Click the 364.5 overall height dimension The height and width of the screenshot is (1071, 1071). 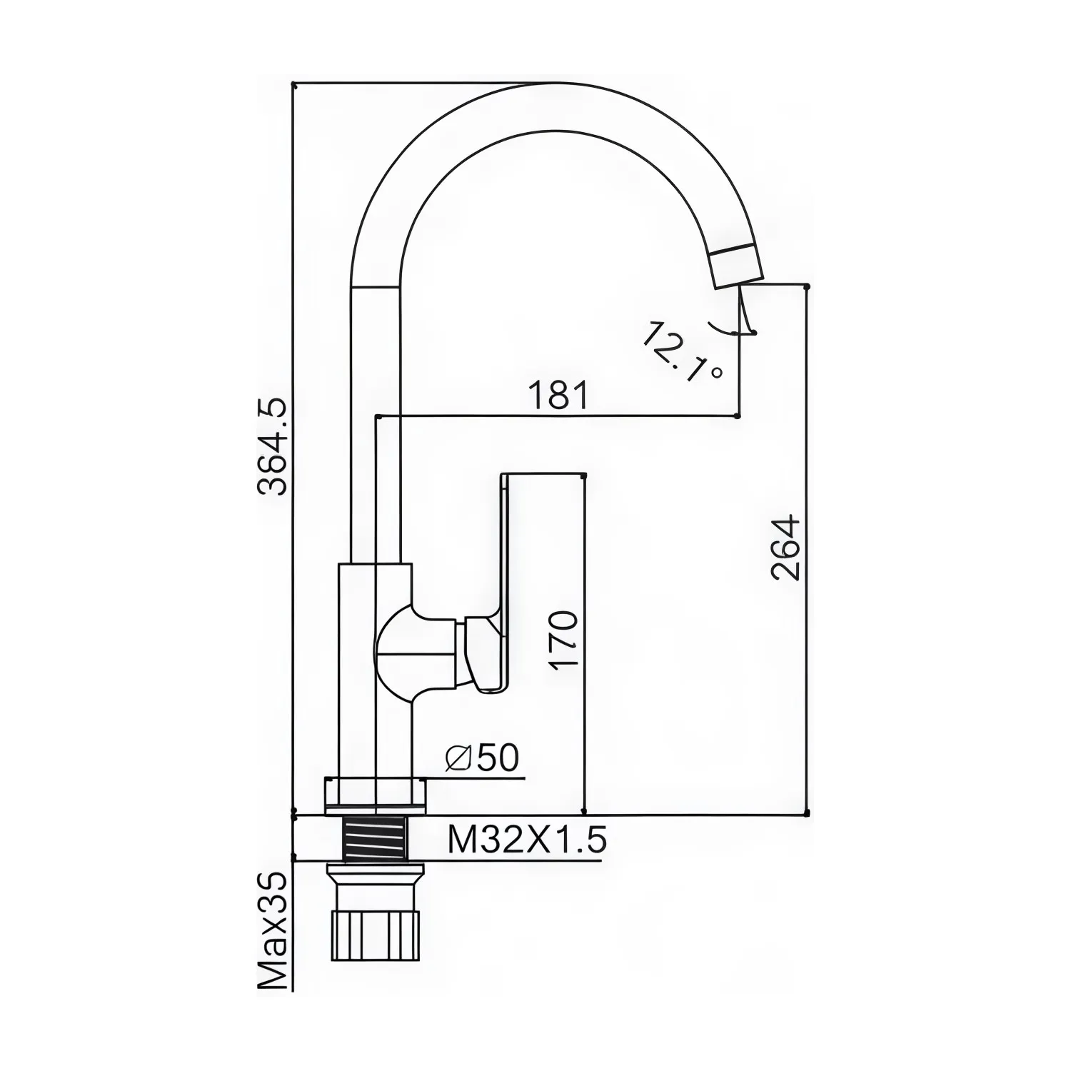[x=272, y=447]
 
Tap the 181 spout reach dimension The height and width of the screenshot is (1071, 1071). [x=559, y=396]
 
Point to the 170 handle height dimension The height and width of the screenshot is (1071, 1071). [x=564, y=639]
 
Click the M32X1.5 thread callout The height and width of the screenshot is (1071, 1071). [x=527, y=840]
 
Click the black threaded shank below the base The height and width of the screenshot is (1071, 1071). [x=376, y=839]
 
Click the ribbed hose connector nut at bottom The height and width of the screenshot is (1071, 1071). [x=376, y=935]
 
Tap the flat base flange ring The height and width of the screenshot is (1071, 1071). [x=376, y=794]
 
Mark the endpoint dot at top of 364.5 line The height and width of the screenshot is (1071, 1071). [x=293, y=85]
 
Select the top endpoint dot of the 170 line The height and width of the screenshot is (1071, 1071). [x=585, y=474]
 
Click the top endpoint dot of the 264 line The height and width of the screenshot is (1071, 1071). [x=807, y=286]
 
